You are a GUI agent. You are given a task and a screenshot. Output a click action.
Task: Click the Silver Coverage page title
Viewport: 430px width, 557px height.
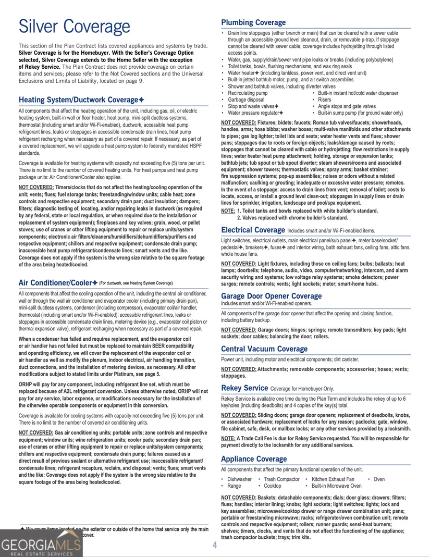74,27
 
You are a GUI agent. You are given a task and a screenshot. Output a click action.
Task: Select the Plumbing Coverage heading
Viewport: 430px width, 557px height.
253,22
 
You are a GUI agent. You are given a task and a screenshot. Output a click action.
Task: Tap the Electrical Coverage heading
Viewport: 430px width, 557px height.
253,230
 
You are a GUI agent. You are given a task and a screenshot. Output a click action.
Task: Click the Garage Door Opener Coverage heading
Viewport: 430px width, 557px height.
271,296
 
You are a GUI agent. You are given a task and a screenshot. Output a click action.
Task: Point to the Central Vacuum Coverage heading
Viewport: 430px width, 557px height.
264,349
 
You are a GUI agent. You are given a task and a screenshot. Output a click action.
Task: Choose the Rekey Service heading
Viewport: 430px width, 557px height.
244,388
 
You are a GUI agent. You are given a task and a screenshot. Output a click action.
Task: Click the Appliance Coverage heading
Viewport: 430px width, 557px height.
254,459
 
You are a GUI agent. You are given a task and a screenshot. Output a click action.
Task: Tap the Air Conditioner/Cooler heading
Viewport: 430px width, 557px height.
55,283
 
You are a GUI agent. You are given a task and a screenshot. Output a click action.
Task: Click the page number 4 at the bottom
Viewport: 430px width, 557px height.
214,545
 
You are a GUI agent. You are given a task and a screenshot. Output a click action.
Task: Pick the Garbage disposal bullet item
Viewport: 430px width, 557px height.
246,100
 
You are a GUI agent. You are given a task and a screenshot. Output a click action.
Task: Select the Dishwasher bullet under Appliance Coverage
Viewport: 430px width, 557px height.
239,479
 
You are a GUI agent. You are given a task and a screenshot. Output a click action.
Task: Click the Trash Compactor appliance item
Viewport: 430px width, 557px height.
281,479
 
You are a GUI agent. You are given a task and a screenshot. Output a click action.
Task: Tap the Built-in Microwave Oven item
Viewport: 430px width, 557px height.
336,486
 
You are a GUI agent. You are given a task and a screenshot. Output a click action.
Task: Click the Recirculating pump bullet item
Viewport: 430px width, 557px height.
248,93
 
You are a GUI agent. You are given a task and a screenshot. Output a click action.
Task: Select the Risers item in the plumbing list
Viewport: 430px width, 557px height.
324,100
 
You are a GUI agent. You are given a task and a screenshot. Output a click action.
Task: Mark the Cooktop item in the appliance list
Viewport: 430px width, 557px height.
272,486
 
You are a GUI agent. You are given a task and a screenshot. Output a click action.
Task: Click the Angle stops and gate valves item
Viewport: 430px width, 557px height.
347,106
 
